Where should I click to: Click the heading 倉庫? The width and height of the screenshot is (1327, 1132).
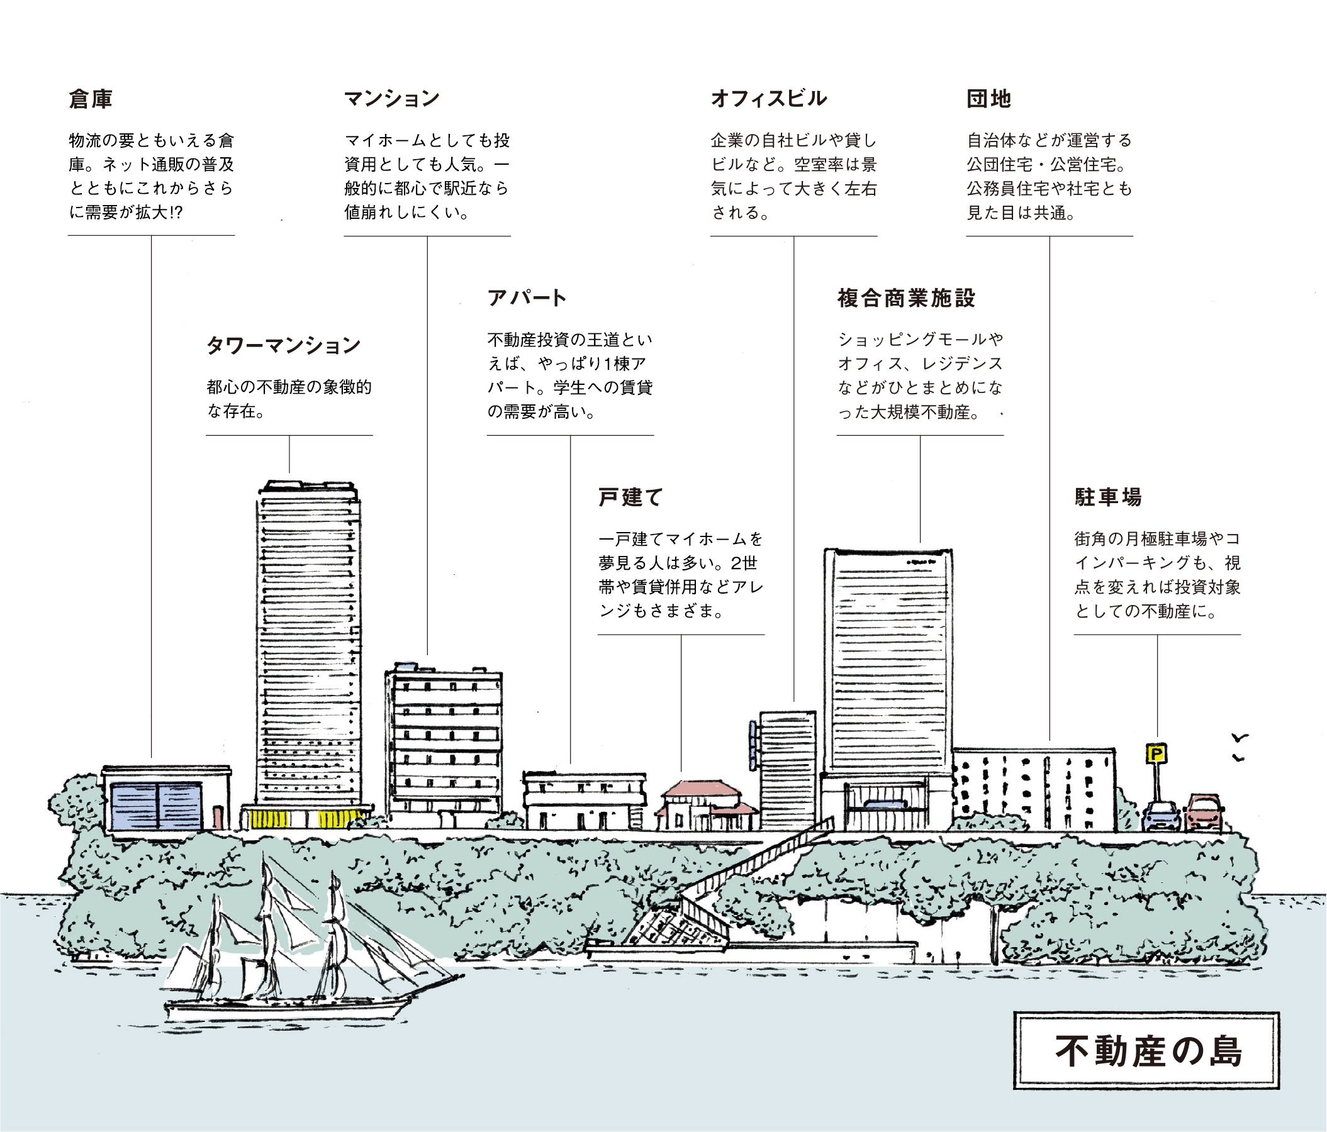pyautogui.click(x=91, y=99)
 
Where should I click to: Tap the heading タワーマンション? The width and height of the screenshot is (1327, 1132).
pyautogui.click(x=283, y=346)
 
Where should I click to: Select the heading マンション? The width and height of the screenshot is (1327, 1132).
pyautogui.click(x=392, y=99)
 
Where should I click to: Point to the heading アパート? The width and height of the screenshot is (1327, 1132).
pyautogui.click(x=527, y=297)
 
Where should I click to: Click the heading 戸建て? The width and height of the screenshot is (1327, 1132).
pyautogui.click(x=630, y=497)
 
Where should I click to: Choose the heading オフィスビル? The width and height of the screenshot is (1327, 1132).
pyautogui.click(x=769, y=99)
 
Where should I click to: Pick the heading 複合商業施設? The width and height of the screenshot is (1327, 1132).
pyautogui.click(x=906, y=297)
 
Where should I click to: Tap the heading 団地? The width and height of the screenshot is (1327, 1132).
pyautogui.click(x=989, y=99)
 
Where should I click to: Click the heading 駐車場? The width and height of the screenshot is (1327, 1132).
pyautogui.click(x=1108, y=497)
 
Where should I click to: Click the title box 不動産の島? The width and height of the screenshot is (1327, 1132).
pyautogui.click(x=1146, y=1051)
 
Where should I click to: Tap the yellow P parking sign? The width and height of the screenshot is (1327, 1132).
pyautogui.click(x=1156, y=753)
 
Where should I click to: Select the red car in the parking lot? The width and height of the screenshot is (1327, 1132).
pyautogui.click(x=1204, y=813)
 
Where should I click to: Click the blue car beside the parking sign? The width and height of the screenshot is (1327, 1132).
pyautogui.click(x=1162, y=816)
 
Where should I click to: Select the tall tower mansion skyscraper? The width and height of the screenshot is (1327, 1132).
pyautogui.click(x=308, y=654)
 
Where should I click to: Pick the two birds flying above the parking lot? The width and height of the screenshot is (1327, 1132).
pyautogui.click(x=1240, y=748)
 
